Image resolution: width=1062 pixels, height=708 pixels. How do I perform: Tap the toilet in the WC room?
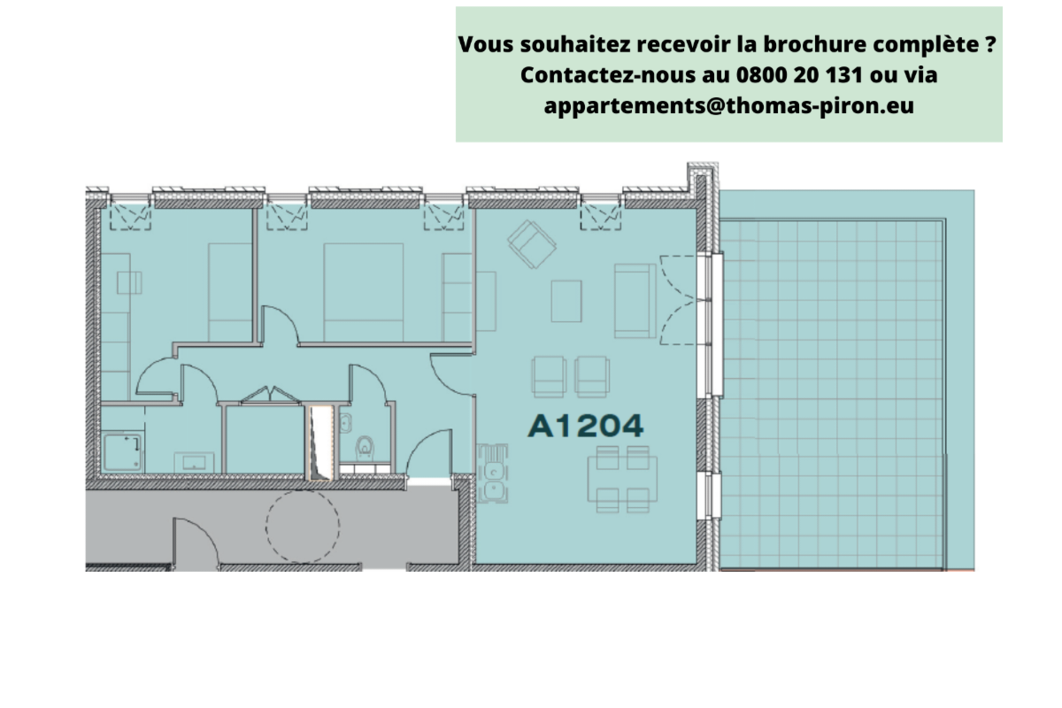364,450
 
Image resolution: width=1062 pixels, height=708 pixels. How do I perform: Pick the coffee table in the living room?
566,300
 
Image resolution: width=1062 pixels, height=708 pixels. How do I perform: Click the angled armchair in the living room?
532,243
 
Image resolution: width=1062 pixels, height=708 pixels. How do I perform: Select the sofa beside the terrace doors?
634,301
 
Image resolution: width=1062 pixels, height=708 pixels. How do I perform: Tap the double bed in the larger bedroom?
363,281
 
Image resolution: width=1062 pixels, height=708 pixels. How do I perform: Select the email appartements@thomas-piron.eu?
728,106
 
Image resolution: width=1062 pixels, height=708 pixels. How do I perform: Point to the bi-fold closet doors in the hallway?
265,394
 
